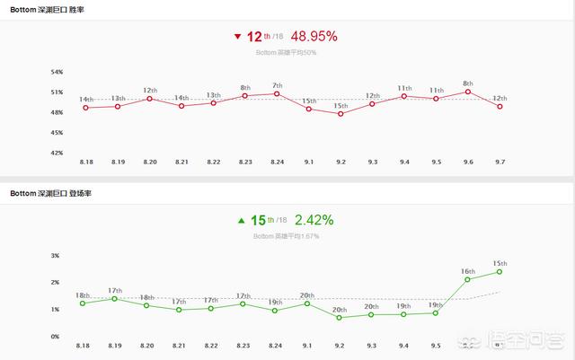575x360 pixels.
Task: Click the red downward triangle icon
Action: tap(237, 37)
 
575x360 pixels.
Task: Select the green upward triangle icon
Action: tap(241, 220)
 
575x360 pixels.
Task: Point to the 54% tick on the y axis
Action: tap(57, 72)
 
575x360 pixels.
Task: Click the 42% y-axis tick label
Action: tap(57, 153)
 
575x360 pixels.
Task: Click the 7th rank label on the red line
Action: tap(277, 85)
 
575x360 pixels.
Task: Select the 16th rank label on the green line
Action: tap(467, 270)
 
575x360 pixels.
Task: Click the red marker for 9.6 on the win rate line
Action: tap(467, 92)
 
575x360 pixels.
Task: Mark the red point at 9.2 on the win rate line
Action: tap(341, 114)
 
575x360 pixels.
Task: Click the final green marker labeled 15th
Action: tap(499, 272)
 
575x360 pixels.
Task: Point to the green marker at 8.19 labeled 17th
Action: tap(115, 298)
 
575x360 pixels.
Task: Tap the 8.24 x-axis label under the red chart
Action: tap(277, 162)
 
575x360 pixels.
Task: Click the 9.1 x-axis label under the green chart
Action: tap(308, 346)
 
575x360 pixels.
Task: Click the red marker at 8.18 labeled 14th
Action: tap(85, 108)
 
